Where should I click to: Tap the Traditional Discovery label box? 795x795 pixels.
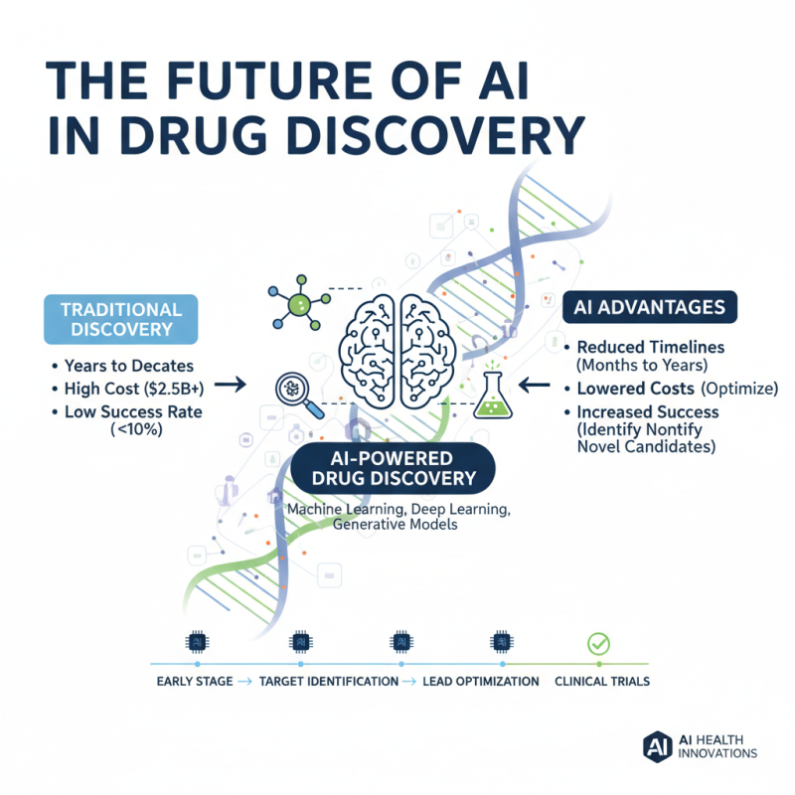pyautogui.click(x=120, y=319)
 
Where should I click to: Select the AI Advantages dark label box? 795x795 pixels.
pyautogui.click(x=650, y=307)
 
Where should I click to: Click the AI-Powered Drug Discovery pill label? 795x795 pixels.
pyautogui.click(x=393, y=468)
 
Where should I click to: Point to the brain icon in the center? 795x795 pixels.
pyautogui.click(x=397, y=352)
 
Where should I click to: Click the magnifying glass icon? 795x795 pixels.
pyautogui.click(x=299, y=396)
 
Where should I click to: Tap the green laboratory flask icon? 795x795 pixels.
pyautogui.click(x=492, y=394)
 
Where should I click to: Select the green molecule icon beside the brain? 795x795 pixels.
pyautogui.click(x=299, y=303)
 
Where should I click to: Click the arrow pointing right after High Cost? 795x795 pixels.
pyautogui.click(x=231, y=385)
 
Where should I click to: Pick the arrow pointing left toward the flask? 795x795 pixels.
pyautogui.click(x=535, y=386)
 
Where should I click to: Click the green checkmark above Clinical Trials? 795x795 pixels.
pyautogui.click(x=598, y=644)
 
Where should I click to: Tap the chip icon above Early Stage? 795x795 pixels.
pyautogui.click(x=197, y=642)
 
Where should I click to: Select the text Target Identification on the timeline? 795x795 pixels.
pyautogui.click(x=329, y=682)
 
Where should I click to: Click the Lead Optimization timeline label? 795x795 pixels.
pyautogui.click(x=481, y=682)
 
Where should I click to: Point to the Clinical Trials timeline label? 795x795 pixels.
pyautogui.click(x=602, y=682)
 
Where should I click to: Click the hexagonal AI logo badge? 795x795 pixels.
pyautogui.click(x=658, y=747)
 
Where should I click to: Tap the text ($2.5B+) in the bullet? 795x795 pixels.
pyautogui.click(x=174, y=389)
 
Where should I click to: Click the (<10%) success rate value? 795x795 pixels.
pyautogui.click(x=136, y=430)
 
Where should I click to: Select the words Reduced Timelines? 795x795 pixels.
pyautogui.click(x=651, y=347)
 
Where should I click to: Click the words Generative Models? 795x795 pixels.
pyautogui.click(x=395, y=525)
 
